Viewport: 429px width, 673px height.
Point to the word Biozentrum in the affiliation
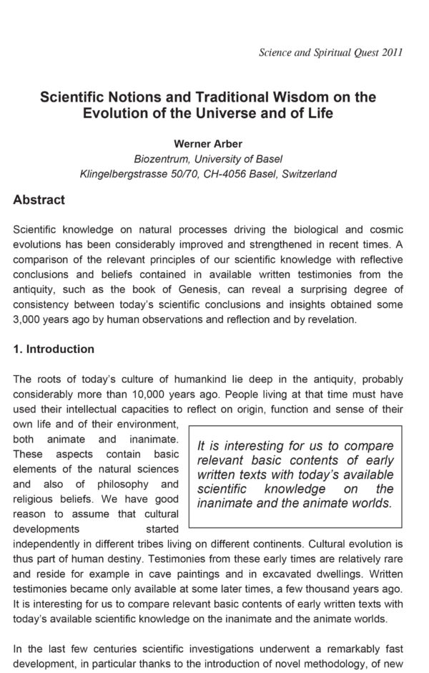(x=161, y=159)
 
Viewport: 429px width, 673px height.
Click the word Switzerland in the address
(x=307, y=174)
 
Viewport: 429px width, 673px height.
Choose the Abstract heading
(x=39, y=200)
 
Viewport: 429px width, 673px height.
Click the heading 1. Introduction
(x=54, y=349)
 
